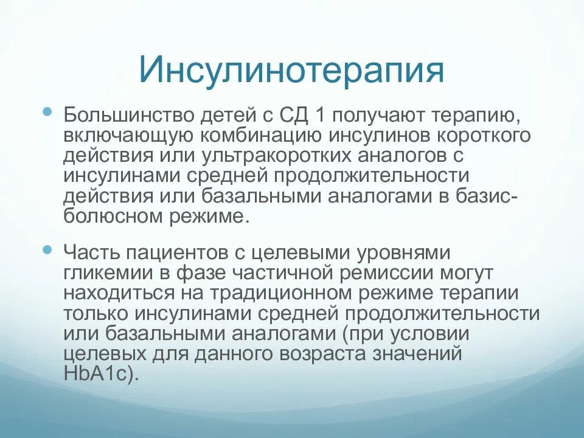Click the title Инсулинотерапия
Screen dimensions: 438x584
291,70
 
